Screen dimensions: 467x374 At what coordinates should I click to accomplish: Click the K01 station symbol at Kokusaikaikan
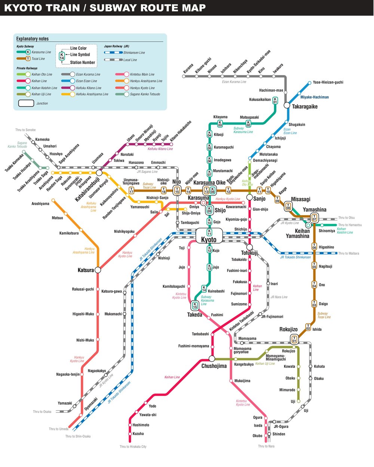click(x=275, y=101)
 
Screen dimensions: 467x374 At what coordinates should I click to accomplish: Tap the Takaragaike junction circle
click(x=287, y=106)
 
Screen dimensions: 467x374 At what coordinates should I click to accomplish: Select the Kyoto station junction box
click(x=209, y=236)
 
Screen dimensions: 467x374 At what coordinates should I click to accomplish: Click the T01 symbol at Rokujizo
click(x=294, y=339)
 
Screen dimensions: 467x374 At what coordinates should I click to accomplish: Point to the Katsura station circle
click(x=98, y=270)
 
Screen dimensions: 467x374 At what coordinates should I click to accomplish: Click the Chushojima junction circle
click(x=212, y=358)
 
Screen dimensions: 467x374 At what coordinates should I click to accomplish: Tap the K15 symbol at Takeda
click(x=195, y=306)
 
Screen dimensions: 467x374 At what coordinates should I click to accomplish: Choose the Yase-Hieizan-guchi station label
click(x=328, y=82)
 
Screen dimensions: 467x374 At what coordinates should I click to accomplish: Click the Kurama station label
click(x=188, y=68)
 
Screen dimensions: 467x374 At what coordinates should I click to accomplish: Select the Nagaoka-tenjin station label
click(x=68, y=374)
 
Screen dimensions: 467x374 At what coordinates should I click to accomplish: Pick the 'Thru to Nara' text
click(x=266, y=446)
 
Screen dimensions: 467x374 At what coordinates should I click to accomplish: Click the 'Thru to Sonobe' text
click(x=25, y=130)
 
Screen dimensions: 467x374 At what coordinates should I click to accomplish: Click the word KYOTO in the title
click(x=22, y=8)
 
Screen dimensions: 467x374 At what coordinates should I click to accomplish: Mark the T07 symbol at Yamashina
click(x=314, y=217)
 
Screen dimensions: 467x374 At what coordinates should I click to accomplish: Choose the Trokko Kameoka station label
click(x=15, y=163)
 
